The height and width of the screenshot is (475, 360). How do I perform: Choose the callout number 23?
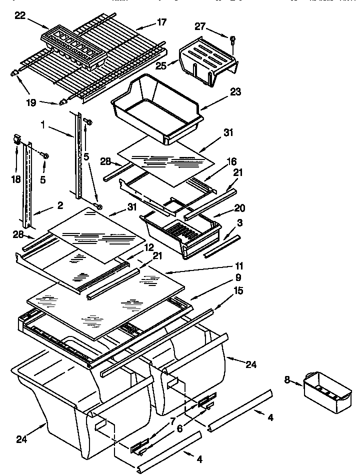[x=235, y=91]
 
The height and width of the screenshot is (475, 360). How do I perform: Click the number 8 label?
[x=287, y=380]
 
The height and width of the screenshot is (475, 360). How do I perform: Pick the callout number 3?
[x=240, y=223]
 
